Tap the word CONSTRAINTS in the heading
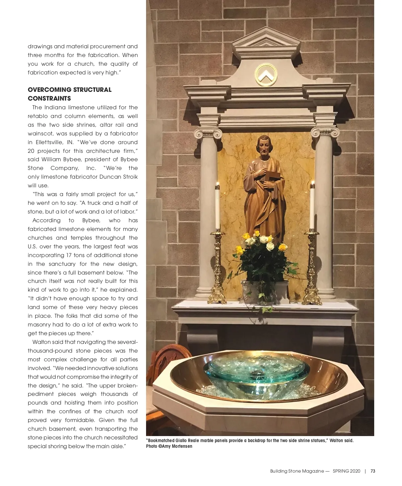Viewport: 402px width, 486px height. (x=49, y=98)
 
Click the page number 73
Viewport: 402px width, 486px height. (x=373, y=471)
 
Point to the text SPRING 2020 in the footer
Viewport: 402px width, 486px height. (x=346, y=471)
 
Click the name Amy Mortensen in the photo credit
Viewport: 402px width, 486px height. (x=177, y=446)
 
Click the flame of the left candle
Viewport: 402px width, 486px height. (x=217, y=184)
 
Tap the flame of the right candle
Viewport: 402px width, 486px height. (x=313, y=184)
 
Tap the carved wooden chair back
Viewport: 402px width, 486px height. (x=169, y=357)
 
